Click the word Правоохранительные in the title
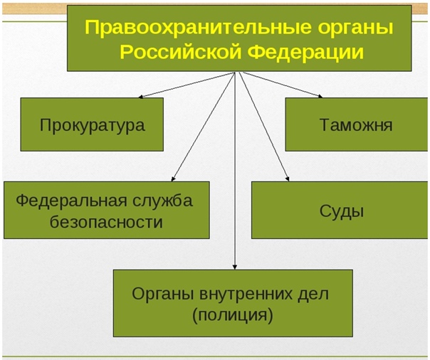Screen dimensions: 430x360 point(199,28)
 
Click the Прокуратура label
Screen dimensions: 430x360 point(92,125)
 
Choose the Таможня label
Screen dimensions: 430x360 point(356,125)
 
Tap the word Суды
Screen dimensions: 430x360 point(342,211)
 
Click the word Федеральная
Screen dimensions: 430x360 point(72,201)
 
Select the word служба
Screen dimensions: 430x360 point(163,200)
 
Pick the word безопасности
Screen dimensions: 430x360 point(106,222)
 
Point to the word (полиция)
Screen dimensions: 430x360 point(233,315)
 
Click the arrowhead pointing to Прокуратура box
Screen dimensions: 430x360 point(140,97)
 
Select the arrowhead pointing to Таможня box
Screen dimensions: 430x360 point(320,96)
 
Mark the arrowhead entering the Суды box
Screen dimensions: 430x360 point(288,179)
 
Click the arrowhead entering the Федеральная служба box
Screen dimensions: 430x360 point(173,179)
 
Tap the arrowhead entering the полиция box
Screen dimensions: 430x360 point(234,267)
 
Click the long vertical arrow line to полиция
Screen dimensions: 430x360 point(234,171)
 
